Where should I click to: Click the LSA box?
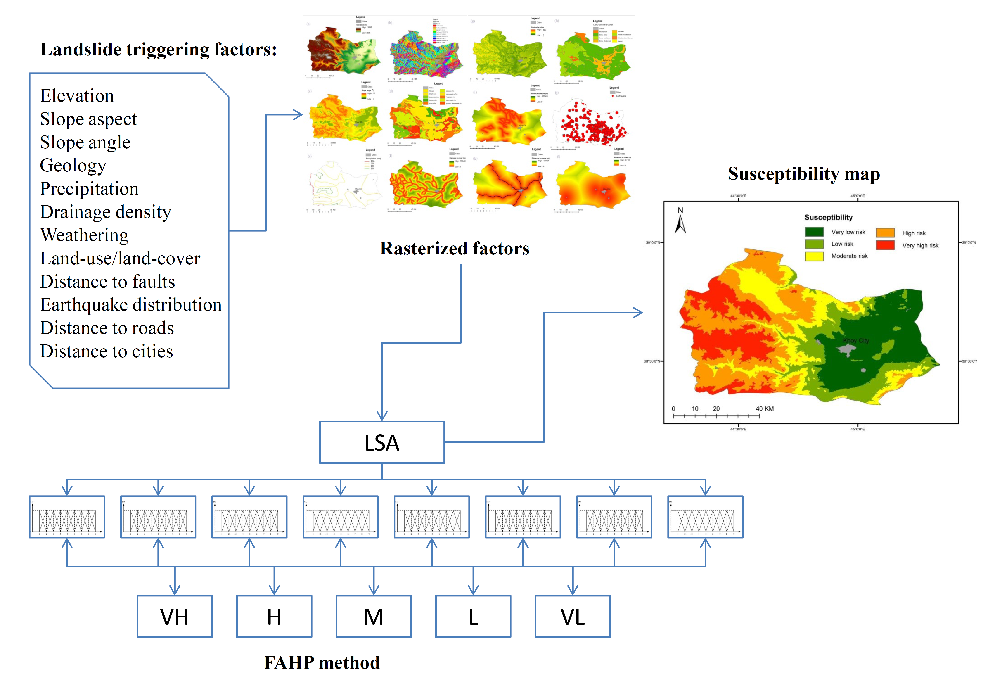(x=382, y=442)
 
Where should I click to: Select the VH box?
(x=175, y=616)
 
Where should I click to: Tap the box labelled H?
(x=274, y=616)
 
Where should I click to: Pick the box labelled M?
(x=374, y=616)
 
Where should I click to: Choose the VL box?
(x=573, y=616)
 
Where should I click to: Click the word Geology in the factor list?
(x=73, y=166)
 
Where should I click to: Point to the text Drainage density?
(x=105, y=212)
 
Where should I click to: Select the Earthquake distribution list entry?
(x=130, y=305)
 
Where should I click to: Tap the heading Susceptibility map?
(x=803, y=174)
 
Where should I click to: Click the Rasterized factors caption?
(x=455, y=248)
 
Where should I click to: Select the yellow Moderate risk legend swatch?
(x=814, y=256)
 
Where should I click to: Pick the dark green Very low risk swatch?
(x=814, y=232)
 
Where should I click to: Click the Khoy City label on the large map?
(x=856, y=341)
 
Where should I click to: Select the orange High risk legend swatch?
(x=885, y=233)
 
